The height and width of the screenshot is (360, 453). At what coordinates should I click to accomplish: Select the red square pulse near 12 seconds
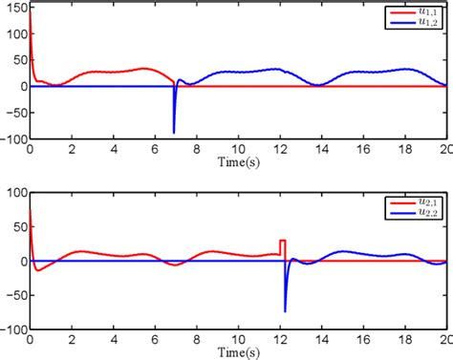click(x=282, y=245)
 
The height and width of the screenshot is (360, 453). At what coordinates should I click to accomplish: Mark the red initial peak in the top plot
click(x=32, y=19)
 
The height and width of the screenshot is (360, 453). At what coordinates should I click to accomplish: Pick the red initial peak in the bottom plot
click(x=32, y=215)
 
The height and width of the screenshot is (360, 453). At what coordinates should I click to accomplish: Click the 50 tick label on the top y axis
click(x=19, y=62)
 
